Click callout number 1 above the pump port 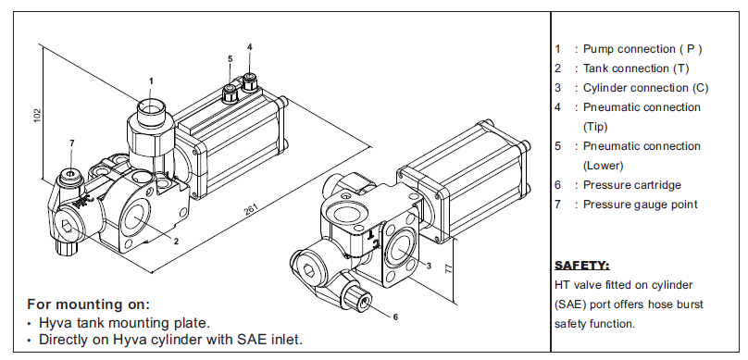[151, 81]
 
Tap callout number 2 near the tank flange [176, 242]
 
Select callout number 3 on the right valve [429, 266]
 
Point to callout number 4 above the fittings [250, 46]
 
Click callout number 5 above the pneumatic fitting [230, 58]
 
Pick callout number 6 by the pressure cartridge [395, 317]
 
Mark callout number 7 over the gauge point [71, 143]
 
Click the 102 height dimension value [38, 116]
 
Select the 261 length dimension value [252, 209]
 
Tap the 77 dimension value [448, 268]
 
